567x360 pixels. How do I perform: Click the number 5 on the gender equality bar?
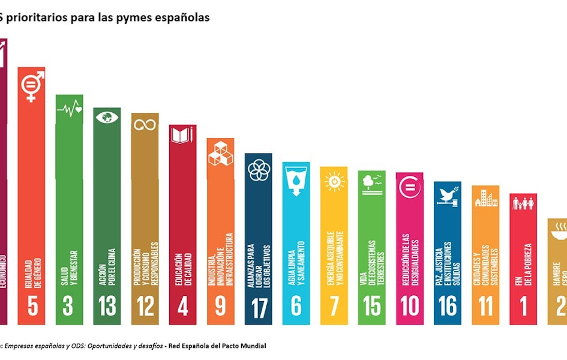click(x=32, y=306)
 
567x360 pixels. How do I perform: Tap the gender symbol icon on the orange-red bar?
click(x=31, y=86)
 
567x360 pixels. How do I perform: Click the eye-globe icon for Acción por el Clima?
click(x=107, y=117)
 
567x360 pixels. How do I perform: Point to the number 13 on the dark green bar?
click(x=107, y=306)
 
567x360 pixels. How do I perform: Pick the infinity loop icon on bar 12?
click(x=145, y=124)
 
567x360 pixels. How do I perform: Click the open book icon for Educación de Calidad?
click(x=182, y=135)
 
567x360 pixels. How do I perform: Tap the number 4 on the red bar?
click(x=182, y=306)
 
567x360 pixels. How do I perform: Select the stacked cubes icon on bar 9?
click(x=220, y=152)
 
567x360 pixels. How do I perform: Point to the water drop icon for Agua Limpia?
click(x=296, y=179)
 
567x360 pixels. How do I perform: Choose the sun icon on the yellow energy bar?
click(x=334, y=180)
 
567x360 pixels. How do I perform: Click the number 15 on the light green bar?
click(x=371, y=306)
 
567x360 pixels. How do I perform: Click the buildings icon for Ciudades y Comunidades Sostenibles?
click(x=485, y=198)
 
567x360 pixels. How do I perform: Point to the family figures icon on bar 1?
click(x=523, y=204)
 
